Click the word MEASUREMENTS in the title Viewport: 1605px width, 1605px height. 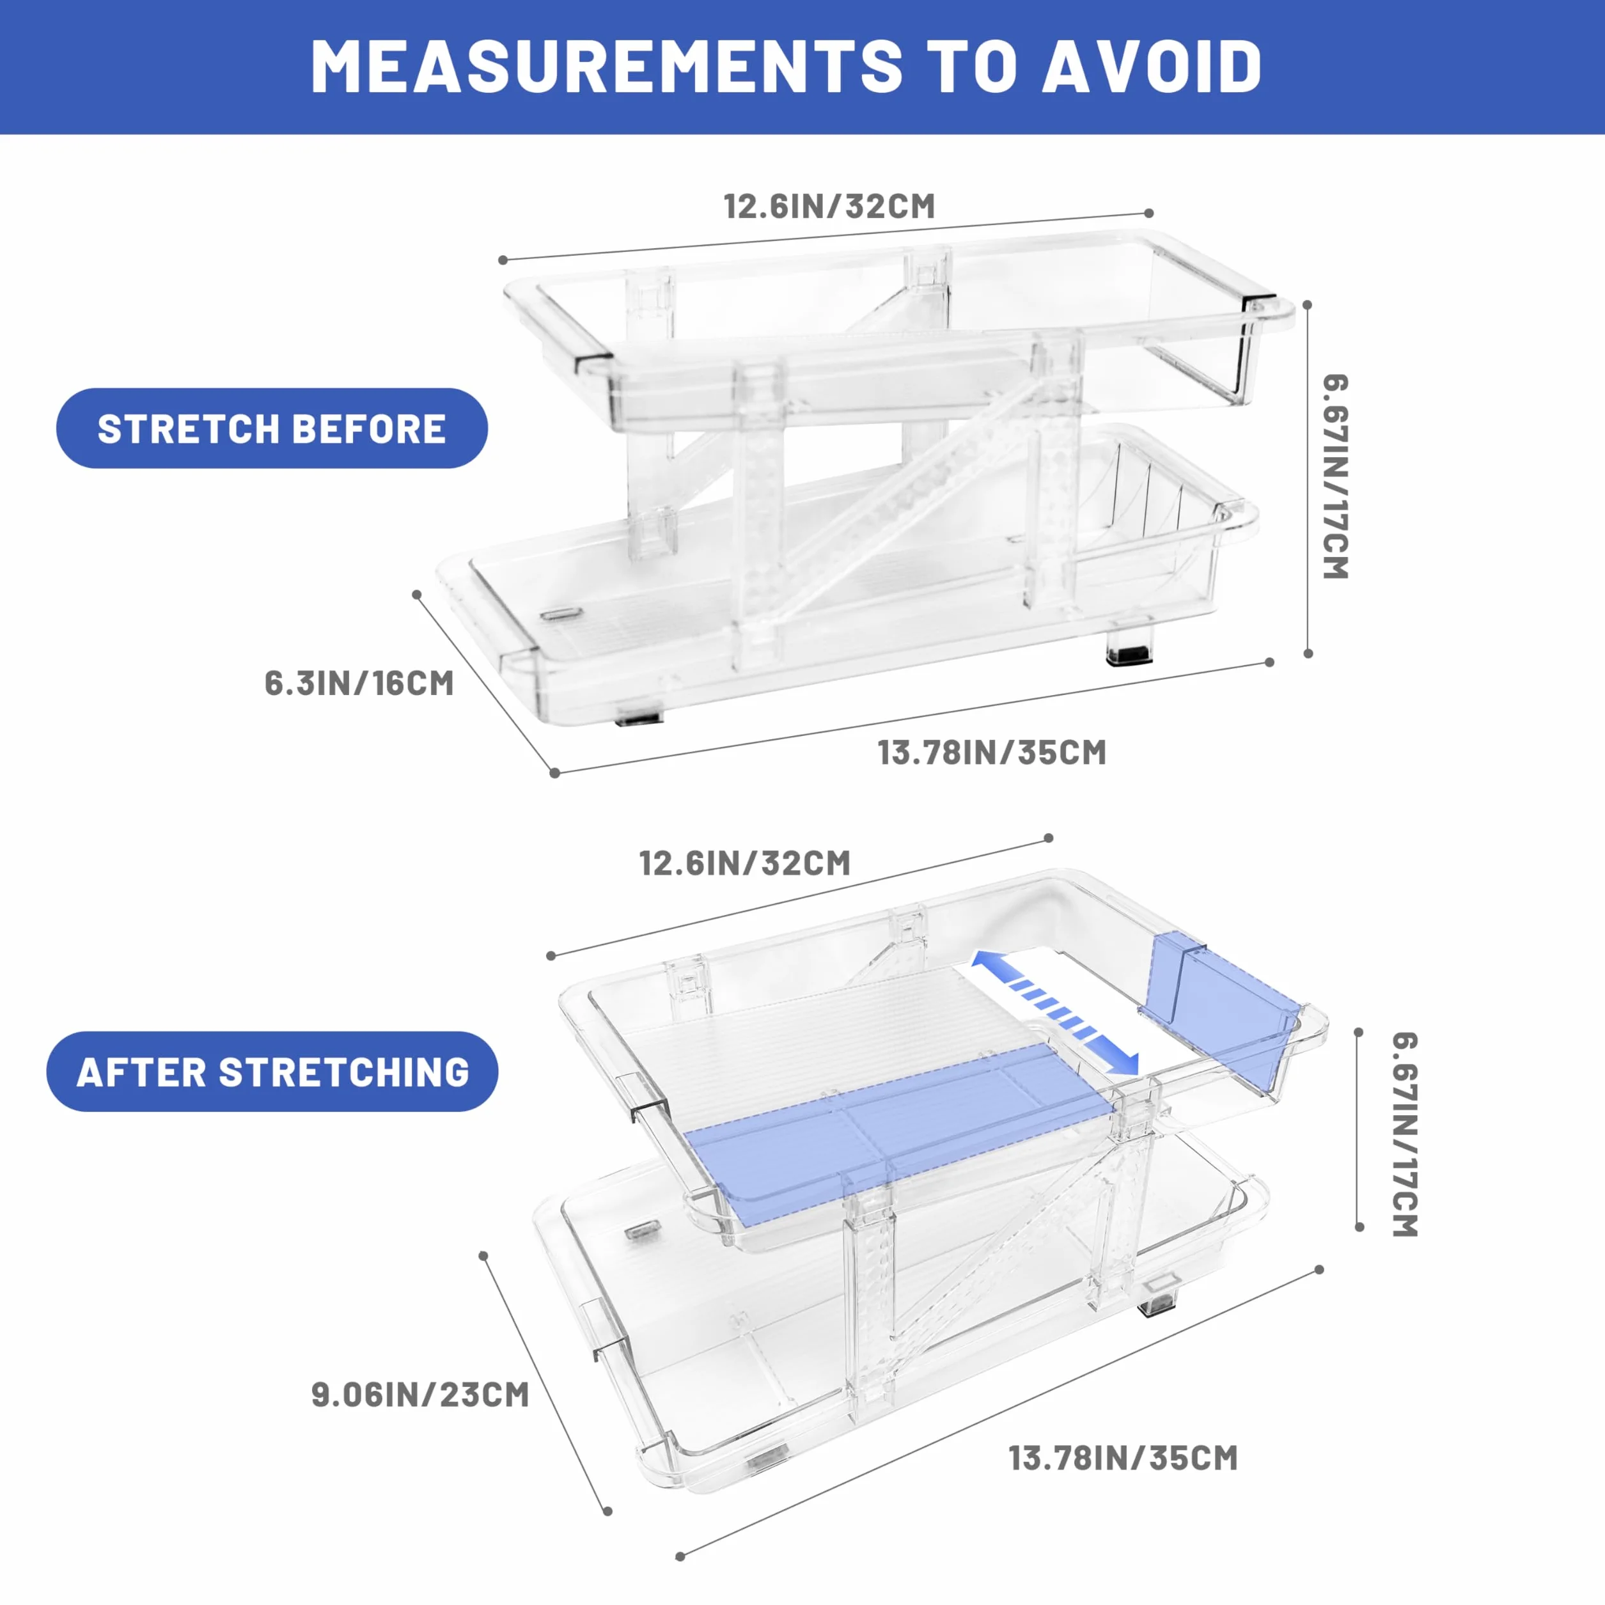[x=606, y=67]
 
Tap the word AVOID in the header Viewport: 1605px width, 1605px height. [x=1152, y=67]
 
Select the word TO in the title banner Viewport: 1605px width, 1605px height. [x=972, y=67]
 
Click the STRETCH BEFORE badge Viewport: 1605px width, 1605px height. [x=272, y=428]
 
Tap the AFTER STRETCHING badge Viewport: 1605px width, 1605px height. [x=272, y=1072]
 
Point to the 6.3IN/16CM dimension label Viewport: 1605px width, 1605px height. [x=359, y=683]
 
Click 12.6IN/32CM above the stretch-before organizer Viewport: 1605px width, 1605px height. [x=829, y=206]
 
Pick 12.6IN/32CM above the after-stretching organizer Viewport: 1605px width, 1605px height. [x=745, y=863]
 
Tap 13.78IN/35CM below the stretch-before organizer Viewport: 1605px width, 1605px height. [x=992, y=753]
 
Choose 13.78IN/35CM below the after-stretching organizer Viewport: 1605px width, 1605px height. [x=1123, y=1459]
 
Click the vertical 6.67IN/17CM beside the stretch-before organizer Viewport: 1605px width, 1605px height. [x=1335, y=477]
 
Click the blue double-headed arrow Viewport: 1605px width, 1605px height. [x=1055, y=1012]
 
